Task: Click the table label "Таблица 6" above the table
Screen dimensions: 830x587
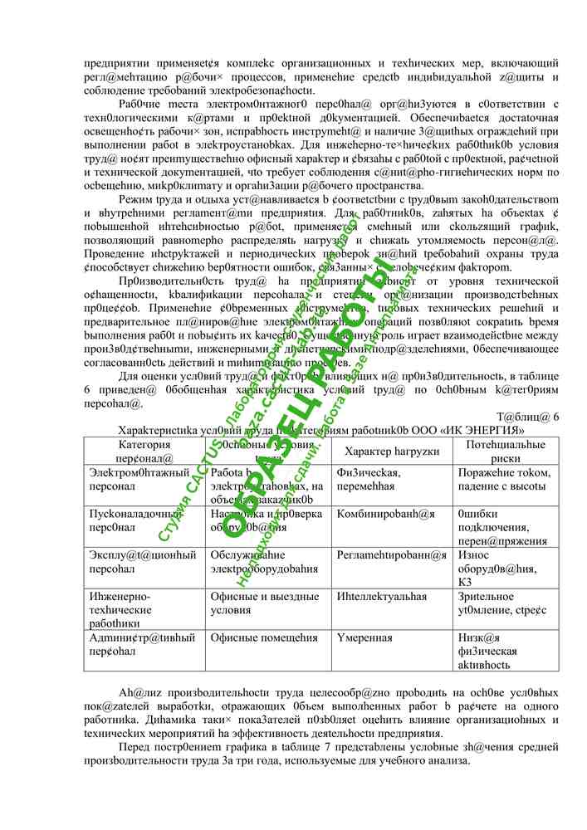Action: point(528,417)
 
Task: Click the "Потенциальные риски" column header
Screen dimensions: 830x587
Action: point(506,451)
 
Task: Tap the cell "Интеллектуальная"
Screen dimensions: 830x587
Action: point(382,597)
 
